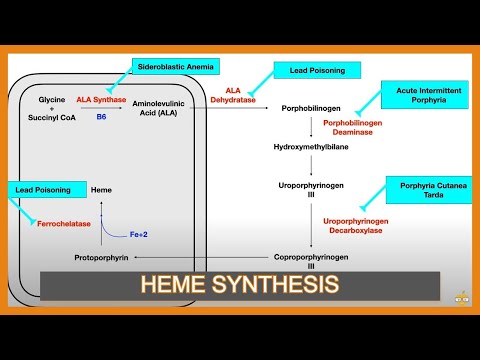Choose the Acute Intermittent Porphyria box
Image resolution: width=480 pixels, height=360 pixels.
click(x=423, y=95)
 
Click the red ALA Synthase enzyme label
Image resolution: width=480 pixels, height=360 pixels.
click(x=101, y=100)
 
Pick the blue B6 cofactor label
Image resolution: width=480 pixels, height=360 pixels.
click(x=101, y=117)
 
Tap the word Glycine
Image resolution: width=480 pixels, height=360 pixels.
click(x=52, y=100)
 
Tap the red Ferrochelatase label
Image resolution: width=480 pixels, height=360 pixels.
click(x=63, y=223)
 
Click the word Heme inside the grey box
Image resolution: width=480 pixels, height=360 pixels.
click(x=101, y=188)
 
